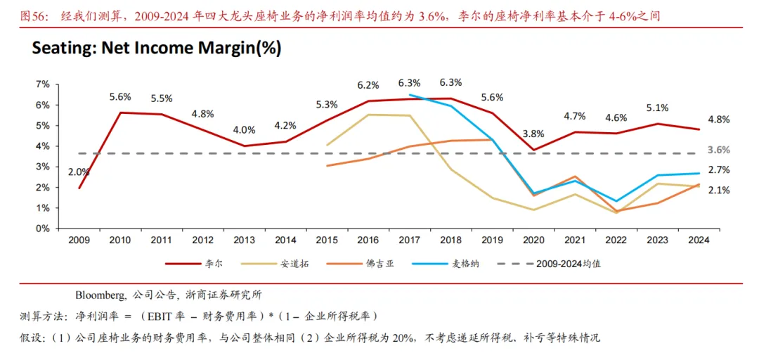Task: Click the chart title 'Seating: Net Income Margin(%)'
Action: tap(156, 49)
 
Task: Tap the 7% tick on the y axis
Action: tap(42, 84)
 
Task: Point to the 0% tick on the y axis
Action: tap(42, 229)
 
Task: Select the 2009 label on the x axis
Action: tap(79, 240)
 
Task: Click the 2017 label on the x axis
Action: tap(409, 240)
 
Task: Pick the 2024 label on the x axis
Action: tap(698, 240)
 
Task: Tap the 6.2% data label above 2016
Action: tap(368, 85)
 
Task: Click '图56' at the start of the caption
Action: tap(32, 15)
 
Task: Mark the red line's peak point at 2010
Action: tap(120, 112)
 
